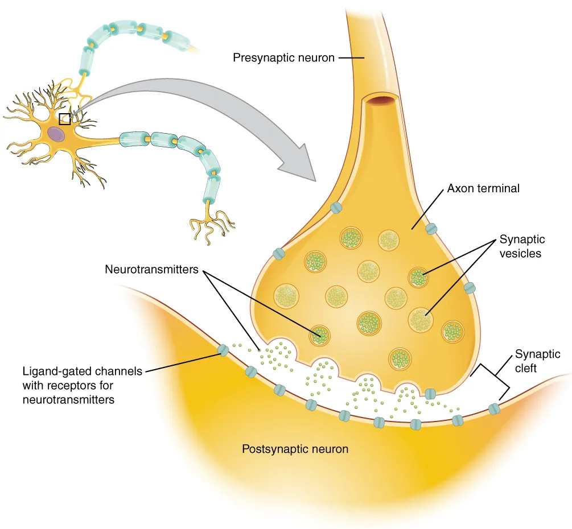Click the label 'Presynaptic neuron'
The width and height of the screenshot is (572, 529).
click(283, 57)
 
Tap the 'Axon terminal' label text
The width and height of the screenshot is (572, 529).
click(483, 188)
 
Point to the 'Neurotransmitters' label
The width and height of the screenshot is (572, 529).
click(151, 269)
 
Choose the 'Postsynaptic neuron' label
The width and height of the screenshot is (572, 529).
click(295, 449)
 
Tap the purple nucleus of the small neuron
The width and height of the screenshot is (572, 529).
click(56, 134)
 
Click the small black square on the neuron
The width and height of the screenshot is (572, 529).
click(65, 118)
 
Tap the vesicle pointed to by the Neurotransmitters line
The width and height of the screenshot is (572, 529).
click(319, 335)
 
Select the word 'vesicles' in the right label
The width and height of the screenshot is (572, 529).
click(520, 253)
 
